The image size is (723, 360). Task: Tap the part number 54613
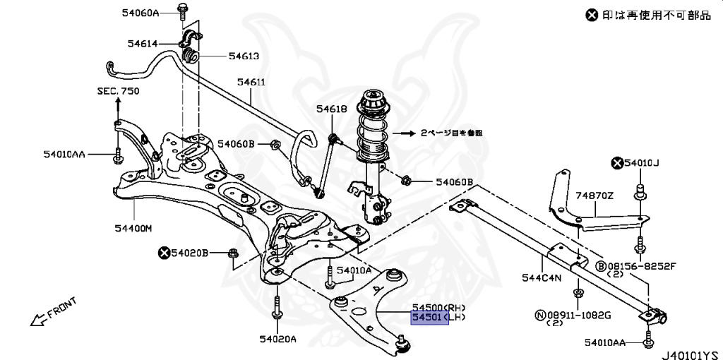click(244, 56)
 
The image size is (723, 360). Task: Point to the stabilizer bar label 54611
click(251, 82)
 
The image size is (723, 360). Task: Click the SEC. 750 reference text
click(118, 91)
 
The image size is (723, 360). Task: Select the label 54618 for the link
click(331, 109)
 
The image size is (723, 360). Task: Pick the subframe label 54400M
click(133, 228)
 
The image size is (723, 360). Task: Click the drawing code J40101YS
click(691, 353)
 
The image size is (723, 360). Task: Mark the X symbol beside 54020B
click(165, 252)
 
